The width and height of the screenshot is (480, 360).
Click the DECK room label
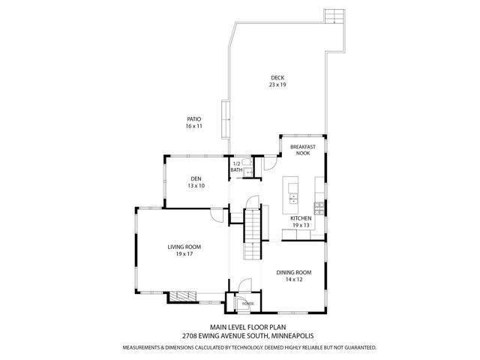coord(277,78)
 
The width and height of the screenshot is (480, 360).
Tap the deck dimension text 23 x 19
coord(277,85)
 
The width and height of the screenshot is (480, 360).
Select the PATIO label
coord(194,119)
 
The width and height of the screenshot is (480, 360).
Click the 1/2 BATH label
coord(236,166)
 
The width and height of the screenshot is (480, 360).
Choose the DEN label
coord(196,178)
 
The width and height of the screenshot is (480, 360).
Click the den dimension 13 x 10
coord(196,186)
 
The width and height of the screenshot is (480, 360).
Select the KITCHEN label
coord(301,218)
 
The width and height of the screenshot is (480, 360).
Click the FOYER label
coord(247,304)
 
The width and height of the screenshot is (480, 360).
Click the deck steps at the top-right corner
coord(333,16)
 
